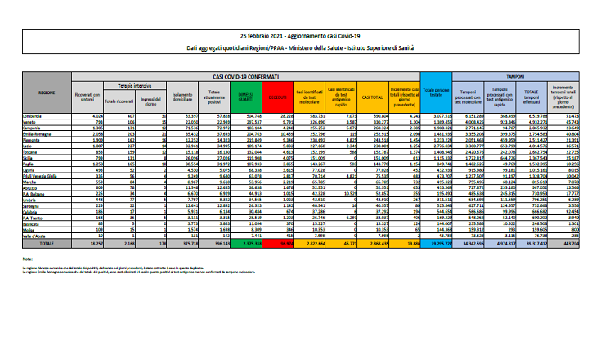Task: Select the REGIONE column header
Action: coord(47,94)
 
